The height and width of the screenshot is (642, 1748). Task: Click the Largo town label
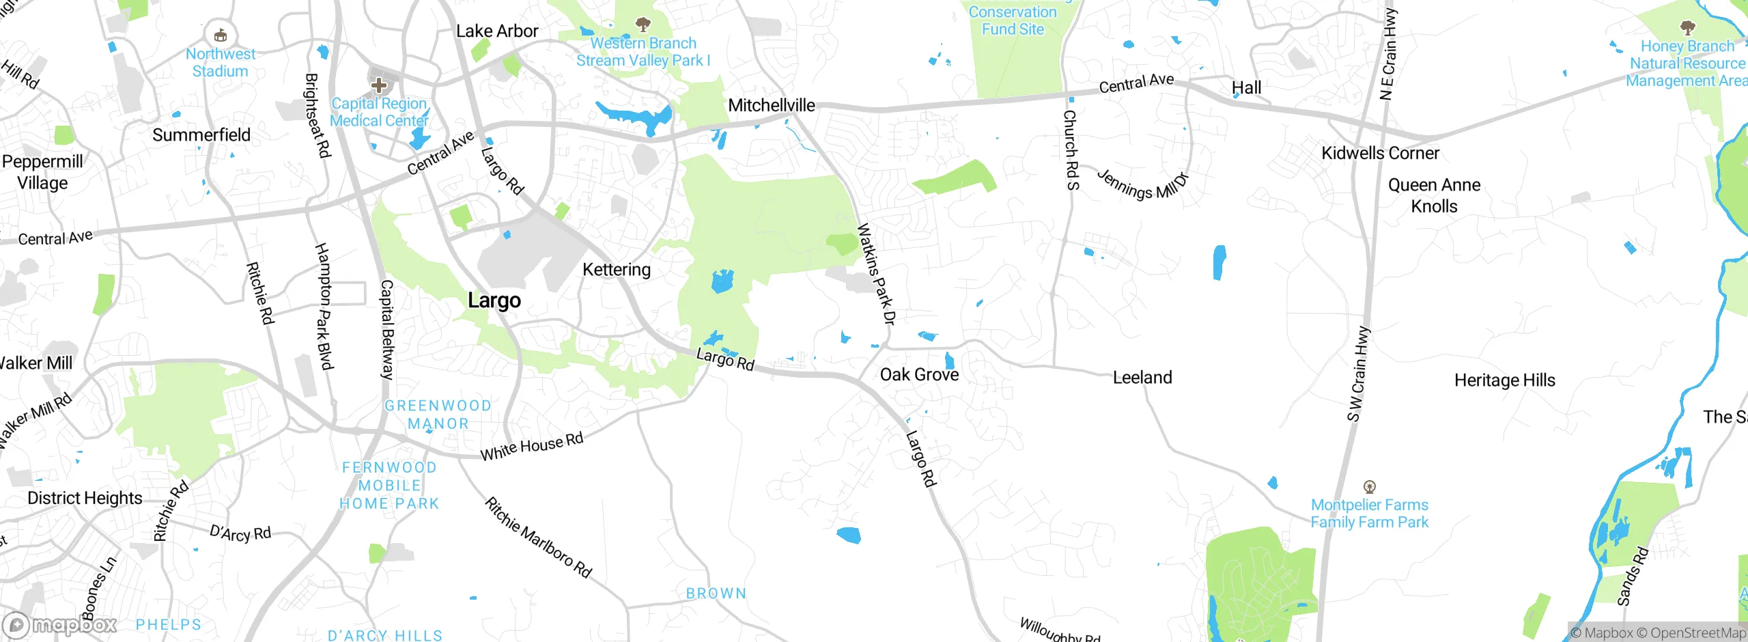(x=494, y=301)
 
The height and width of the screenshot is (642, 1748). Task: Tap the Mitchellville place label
(x=772, y=105)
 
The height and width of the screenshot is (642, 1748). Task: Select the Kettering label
(x=617, y=270)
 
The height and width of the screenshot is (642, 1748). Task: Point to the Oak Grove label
(x=919, y=374)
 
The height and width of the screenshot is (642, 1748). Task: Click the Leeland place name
(x=1142, y=377)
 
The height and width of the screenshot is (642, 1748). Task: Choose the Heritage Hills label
(x=1505, y=380)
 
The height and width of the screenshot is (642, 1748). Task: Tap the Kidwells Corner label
(x=1380, y=153)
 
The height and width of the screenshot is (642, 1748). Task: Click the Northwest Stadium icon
(x=221, y=35)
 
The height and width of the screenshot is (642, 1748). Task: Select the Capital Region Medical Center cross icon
(x=379, y=85)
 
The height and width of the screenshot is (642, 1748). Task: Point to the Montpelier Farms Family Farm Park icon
(x=1369, y=487)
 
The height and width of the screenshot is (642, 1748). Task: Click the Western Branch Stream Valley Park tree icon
(x=643, y=25)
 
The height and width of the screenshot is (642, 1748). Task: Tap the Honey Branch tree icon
(x=1687, y=28)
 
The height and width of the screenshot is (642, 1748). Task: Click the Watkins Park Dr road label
(x=876, y=273)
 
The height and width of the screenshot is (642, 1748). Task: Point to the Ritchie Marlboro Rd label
(x=538, y=538)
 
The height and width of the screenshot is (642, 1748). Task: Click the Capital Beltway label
(x=387, y=329)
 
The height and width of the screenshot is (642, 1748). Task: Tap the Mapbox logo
(x=60, y=624)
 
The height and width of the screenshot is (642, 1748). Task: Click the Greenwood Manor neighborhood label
(x=438, y=415)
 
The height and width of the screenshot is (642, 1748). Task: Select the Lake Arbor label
(x=497, y=31)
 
